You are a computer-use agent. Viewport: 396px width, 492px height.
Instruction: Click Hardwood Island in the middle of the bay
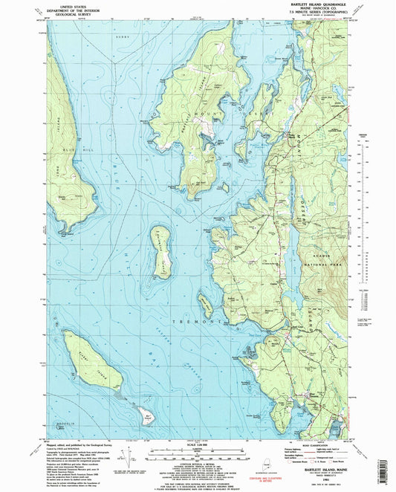click(x=163, y=250)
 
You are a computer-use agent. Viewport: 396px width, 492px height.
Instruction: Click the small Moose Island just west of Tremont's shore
click(x=205, y=302)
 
